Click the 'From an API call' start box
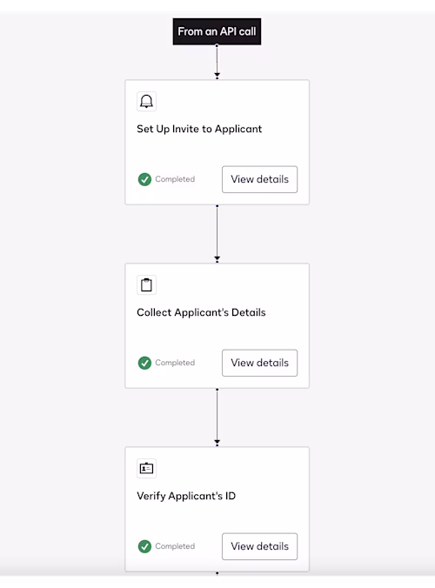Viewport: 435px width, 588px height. point(217,31)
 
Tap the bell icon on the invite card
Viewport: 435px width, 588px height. point(146,101)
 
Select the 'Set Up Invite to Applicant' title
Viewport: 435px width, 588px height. point(199,129)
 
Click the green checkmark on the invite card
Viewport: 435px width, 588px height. point(144,179)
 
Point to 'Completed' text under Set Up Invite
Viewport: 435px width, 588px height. point(175,179)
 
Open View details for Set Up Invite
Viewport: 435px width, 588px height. point(259,179)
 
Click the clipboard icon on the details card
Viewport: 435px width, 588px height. point(146,285)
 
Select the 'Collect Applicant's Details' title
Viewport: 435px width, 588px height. point(201,312)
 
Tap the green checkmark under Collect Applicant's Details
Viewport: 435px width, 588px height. point(144,363)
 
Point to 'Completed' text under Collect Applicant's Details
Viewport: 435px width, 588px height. point(175,363)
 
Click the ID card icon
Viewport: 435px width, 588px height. point(146,468)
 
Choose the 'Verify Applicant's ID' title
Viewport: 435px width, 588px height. point(186,496)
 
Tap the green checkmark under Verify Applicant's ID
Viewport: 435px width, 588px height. point(144,546)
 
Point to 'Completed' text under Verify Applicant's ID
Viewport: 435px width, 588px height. point(175,546)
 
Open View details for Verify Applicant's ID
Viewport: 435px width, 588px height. point(259,546)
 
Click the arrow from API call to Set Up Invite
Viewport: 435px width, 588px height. point(217,62)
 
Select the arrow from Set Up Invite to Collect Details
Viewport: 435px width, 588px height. point(217,233)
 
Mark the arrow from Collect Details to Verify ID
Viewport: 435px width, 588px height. point(217,417)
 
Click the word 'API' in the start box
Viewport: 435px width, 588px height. point(228,31)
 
